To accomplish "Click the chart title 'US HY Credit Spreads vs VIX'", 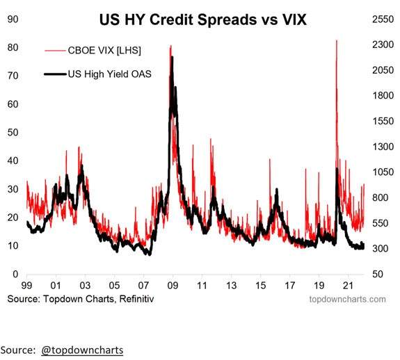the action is point(203,19).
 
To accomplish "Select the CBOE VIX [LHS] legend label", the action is point(104,51).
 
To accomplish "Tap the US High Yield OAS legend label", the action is point(110,74).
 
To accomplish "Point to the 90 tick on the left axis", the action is point(13,19).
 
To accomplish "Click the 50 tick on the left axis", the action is point(13,133).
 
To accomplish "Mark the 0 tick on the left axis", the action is point(15,274).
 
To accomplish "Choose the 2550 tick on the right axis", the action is point(383,19).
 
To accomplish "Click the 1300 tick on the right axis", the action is point(383,147).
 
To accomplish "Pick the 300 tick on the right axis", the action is point(380,248).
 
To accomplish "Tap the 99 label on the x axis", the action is point(26,286).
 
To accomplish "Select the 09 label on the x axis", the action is point(173,286).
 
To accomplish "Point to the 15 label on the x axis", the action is point(260,286).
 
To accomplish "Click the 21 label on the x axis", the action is point(349,286).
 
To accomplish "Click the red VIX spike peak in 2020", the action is point(337,40).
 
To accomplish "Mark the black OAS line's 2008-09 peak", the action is point(173,57).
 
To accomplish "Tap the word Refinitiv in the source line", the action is point(136,299).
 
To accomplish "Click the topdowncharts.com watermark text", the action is point(347,299).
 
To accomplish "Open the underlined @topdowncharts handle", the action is point(82,350).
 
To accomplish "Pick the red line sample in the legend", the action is point(55,51).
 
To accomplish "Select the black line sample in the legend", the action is point(55,74).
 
